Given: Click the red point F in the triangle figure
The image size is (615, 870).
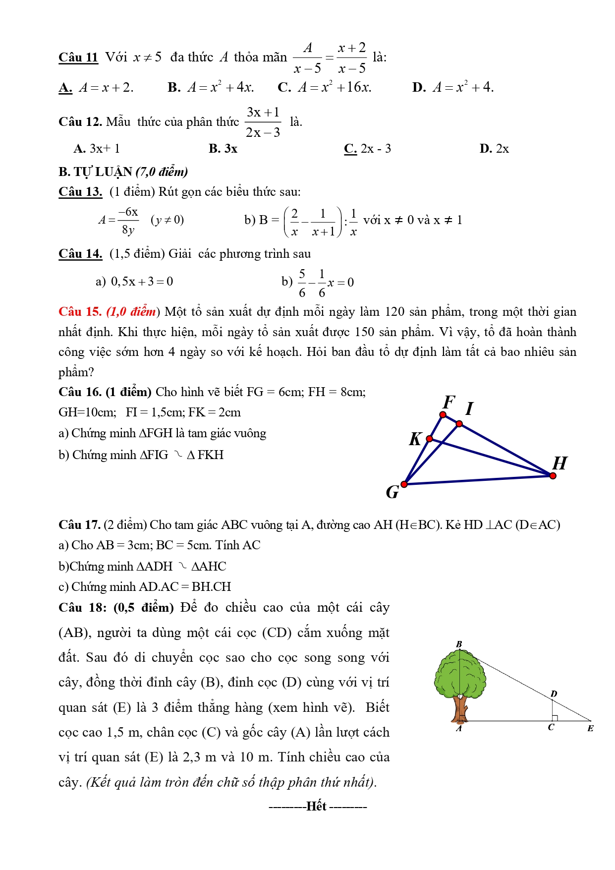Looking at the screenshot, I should coord(443,414).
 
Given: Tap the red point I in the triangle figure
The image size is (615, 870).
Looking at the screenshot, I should coord(459,424).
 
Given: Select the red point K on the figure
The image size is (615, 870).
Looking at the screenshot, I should coord(430,439).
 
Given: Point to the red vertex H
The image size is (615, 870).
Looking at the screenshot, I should coord(553,476).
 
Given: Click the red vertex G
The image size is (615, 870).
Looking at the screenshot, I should coord(404,484).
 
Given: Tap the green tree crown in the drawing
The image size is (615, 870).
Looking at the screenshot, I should coord(459,674).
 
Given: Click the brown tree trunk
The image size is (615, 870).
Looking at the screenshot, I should coord(460,709).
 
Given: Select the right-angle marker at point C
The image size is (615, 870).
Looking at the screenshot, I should coord(555,718).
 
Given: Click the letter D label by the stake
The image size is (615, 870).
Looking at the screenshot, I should coord(554,694).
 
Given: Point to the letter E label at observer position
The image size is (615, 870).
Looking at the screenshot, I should coord(590,728).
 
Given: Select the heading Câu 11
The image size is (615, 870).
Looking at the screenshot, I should coord(78,58).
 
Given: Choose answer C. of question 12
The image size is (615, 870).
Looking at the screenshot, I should coord(350,149).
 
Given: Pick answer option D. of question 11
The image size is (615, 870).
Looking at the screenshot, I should coord(419,88).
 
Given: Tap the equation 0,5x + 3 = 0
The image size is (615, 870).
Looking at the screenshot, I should coord(142,282).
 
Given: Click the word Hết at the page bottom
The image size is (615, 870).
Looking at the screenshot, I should coord(317,806).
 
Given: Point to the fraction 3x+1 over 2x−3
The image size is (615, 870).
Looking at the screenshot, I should coord(263,122).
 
